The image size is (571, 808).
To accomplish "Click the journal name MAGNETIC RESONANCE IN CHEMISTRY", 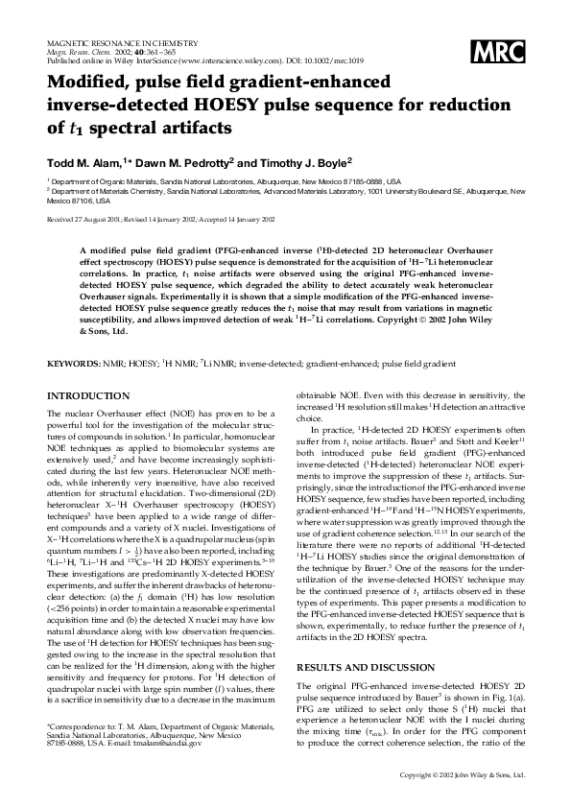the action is coord(122,44).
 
